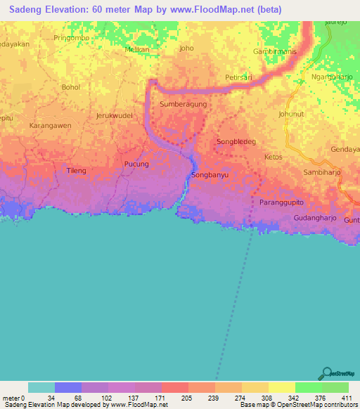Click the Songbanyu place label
tap(210, 175)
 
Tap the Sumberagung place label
tap(183, 104)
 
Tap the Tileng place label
tap(76, 171)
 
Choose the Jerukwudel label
tap(114, 115)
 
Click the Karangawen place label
tap(50, 126)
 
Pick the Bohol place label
tap(71, 87)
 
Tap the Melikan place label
tap(138, 50)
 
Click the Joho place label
tap(186, 48)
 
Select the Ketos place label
tap(273, 157)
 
